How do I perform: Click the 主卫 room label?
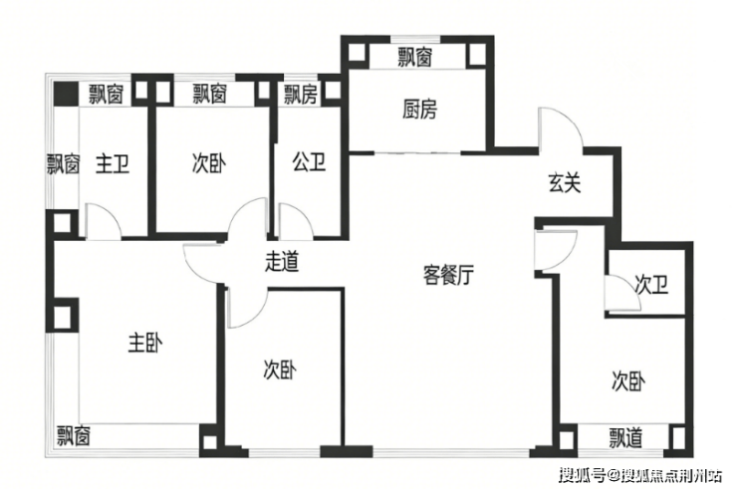[x=113, y=163]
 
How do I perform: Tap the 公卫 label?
[x=309, y=163]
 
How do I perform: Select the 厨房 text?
[x=418, y=111]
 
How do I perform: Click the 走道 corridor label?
[x=282, y=262]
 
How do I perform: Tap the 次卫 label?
[x=649, y=287]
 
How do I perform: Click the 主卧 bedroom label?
[x=144, y=344]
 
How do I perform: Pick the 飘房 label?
[x=301, y=95]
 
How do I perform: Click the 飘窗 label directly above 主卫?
[x=106, y=95]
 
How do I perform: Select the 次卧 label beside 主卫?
[x=208, y=163]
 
